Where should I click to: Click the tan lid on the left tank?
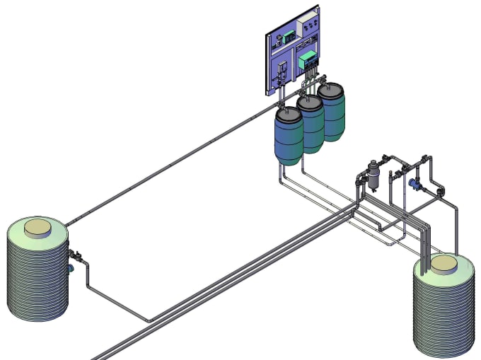pos(37,228)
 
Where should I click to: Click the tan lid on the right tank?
pos(444,264)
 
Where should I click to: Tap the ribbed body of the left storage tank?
pos(35,283)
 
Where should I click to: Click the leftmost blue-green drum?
pos(289,138)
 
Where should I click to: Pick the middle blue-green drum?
pos(310,125)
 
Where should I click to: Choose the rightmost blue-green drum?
pos(331,113)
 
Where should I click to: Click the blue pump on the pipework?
pos(414,185)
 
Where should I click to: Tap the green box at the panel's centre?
pos(307,59)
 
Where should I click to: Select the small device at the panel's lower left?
pos(282,71)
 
